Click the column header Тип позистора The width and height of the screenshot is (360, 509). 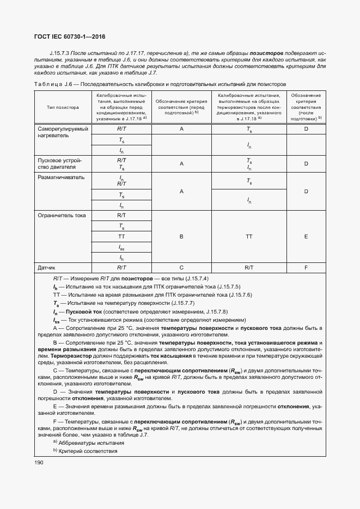[63, 107]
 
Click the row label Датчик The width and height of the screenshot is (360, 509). [47, 268]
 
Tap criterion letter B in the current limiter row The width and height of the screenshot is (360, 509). [181, 237]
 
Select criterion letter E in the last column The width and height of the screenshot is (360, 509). [306, 237]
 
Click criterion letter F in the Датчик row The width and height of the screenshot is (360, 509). [306, 268]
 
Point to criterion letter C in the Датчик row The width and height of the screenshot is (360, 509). [181, 268]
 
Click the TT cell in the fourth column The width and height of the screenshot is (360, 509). [249, 237]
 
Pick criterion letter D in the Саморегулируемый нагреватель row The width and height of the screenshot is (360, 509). [306, 129]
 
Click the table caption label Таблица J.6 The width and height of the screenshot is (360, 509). [54, 84]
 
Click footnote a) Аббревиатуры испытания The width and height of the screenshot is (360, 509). [82, 443]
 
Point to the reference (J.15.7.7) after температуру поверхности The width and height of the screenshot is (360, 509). [187, 303]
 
